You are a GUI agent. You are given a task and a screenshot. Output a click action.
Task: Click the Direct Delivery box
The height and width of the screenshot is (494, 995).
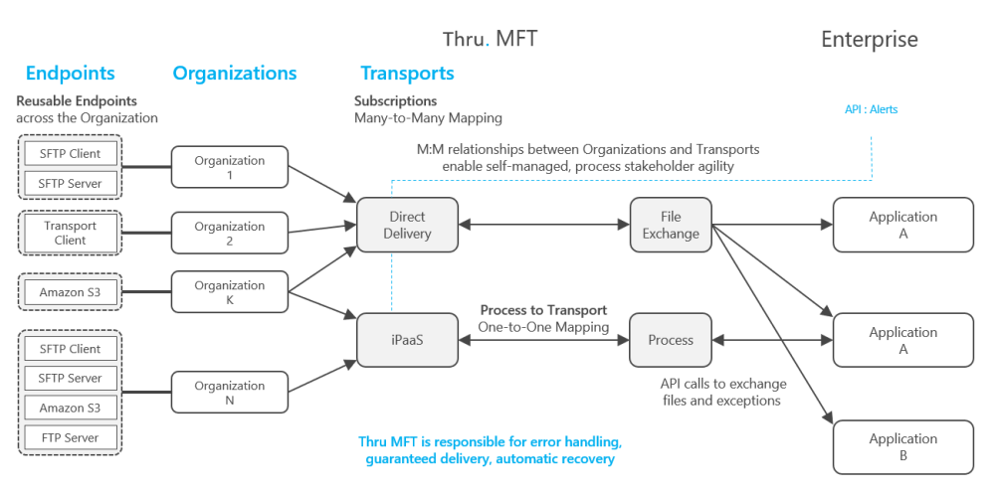(407, 225)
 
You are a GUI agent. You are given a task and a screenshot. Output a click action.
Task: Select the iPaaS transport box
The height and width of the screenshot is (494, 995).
(407, 340)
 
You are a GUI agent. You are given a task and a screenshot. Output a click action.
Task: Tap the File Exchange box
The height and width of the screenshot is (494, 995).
(671, 225)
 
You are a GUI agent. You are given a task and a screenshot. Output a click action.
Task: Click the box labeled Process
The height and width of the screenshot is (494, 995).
(671, 340)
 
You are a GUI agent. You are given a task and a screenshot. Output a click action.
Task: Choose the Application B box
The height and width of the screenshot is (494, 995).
(903, 446)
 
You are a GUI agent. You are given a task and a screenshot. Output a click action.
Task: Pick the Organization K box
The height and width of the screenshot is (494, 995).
(230, 292)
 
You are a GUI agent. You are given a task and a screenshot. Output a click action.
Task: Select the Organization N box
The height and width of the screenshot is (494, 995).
(230, 393)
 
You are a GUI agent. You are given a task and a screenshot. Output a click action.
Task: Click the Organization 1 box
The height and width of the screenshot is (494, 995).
(230, 167)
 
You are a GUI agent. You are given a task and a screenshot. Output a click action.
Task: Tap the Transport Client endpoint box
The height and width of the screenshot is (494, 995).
(71, 233)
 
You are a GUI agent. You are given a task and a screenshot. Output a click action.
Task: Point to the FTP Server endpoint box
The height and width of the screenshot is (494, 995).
(71, 437)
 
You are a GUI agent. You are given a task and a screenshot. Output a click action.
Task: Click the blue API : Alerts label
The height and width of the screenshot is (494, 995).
(872, 109)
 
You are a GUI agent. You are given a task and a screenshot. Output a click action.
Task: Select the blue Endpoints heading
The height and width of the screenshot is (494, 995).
(71, 73)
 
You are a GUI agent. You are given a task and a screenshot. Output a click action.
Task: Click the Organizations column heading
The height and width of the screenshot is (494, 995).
(235, 73)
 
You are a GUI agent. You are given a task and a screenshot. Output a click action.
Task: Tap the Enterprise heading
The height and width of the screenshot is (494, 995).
(870, 40)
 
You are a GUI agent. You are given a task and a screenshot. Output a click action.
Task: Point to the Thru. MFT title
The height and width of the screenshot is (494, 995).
(490, 39)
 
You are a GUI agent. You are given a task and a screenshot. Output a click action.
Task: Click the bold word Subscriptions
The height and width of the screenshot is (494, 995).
(395, 100)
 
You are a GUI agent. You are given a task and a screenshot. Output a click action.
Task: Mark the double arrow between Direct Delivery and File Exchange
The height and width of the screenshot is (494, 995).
(544, 225)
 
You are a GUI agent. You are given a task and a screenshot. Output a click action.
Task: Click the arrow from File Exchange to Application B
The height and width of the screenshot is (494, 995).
(772, 323)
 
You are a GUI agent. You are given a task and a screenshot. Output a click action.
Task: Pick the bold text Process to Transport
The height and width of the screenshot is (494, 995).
(544, 311)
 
